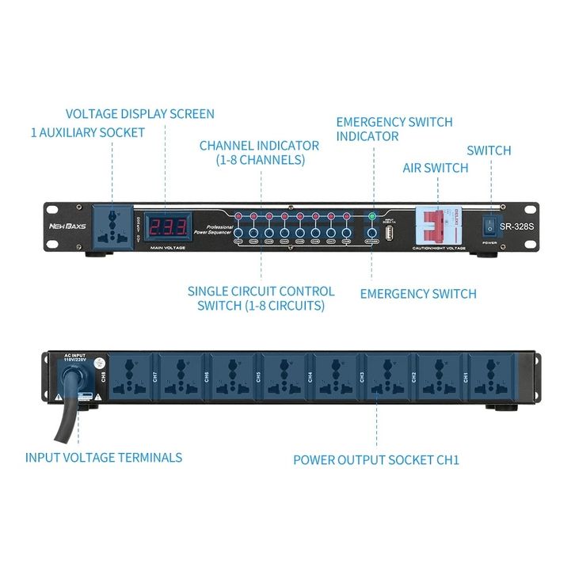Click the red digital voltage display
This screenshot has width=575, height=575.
pos(169,227)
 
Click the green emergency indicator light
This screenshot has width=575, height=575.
pos(371,215)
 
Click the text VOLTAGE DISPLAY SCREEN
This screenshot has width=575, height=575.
pos(139,114)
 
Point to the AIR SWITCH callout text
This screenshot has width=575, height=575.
pos(436,168)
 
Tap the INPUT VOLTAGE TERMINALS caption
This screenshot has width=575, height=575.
pos(104,457)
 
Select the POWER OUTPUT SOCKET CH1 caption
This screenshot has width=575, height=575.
pos(376,459)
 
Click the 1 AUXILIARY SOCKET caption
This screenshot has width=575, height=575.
pos(88,132)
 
